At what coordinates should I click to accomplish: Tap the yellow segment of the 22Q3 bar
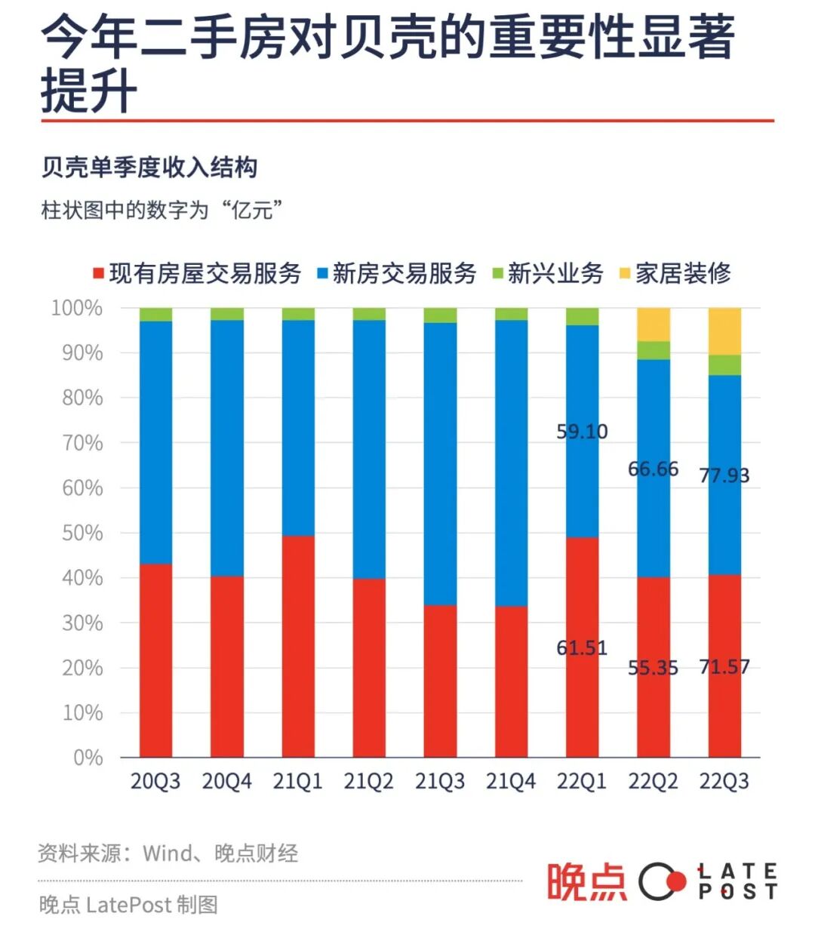tap(724, 331)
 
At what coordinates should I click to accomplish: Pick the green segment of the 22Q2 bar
tap(654, 350)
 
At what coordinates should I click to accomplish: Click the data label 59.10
tap(582, 432)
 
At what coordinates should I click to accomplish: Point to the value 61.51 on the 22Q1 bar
tap(582, 648)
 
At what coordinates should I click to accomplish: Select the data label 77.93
tap(724, 475)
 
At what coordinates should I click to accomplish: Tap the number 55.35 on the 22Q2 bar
tap(654, 668)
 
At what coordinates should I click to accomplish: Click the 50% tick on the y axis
tap(82, 533)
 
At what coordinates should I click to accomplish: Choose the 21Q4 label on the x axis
tap(511, 781)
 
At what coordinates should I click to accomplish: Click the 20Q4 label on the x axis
tap(226, 781)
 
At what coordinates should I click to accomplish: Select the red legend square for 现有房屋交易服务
tap(97, 273)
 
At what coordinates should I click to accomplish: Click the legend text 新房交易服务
tap(404, 273)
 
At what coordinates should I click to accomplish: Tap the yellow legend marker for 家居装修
tap(624, 273)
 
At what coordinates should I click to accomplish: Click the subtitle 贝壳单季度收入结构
tap(149, 167)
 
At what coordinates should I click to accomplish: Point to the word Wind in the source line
tap(168, 853)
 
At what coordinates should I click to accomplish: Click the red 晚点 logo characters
tap(586, 881)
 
